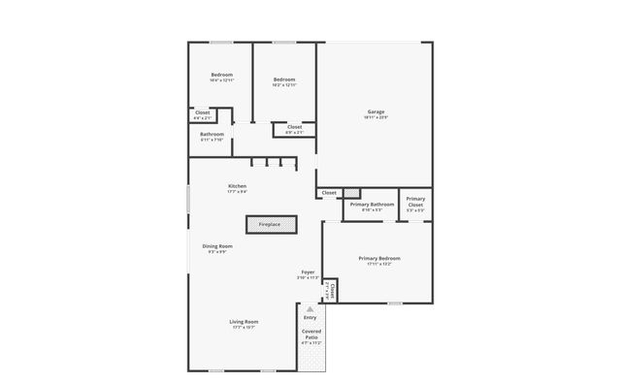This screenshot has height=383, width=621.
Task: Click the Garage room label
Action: point(376,112)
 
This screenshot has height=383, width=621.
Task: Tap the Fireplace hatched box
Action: point(270,224)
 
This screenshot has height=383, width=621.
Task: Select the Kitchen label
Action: point(238,185)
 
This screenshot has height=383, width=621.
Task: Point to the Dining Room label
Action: point(217,246)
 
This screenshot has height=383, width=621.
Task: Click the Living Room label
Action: point(244,321)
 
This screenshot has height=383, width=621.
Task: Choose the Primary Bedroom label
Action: point(379,258)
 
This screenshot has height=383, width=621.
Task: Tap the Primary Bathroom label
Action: point(372,204)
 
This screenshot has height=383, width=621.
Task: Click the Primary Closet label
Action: point(415,202)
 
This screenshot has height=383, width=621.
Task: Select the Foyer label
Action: point(308,272)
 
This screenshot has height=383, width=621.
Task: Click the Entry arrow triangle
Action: point(310,308)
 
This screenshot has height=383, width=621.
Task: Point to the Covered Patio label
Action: point(311,335)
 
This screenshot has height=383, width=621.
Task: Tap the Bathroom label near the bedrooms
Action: point(212,134)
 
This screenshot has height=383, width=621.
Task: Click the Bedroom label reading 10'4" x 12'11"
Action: point(222,76)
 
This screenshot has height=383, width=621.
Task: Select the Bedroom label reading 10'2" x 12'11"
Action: point(284,80)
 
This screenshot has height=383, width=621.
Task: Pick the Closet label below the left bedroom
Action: point(203,113)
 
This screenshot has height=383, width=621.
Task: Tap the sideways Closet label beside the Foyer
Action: point(333,290)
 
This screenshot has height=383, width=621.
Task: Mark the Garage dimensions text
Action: point(376,117)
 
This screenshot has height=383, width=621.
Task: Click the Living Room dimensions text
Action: point(244,328)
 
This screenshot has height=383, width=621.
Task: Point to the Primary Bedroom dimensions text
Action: point(379,264)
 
